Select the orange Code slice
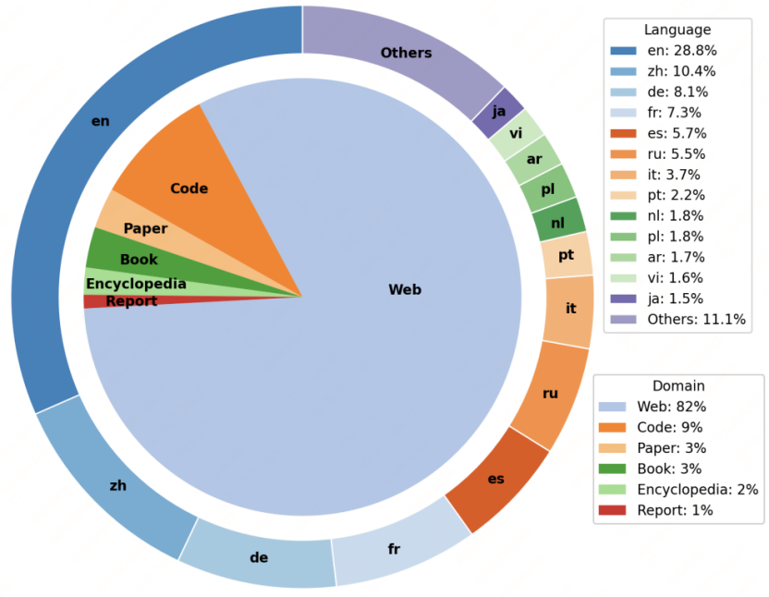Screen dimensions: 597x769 click(x=189, y=189)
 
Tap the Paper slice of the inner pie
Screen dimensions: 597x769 click(x=145, y=228)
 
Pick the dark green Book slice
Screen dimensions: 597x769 click(x=139, y=260)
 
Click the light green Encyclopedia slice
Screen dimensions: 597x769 click(x=135, y=284)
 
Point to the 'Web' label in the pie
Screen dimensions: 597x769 click(x=405, y=290)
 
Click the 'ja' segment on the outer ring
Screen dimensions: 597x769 click(x=499, y=112)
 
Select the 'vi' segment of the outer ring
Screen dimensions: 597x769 click(x=516, y=134)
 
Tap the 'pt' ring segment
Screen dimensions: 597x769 click(x=567, y=255)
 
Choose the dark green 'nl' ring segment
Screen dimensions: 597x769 click(x=557, y=223)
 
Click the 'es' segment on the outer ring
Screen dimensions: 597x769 click(x=495, y=479)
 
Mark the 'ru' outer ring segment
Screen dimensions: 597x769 click(x=550, y=394)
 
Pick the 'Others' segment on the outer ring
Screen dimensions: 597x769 click(x=407, y=53)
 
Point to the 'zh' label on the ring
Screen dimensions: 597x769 click(x=118, y=485)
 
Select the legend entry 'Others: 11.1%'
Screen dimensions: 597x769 click(x=676, y=320)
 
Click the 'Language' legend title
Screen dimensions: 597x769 click(x=677, y=30)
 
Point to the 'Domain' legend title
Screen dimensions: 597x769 click(x=678, y=386)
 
